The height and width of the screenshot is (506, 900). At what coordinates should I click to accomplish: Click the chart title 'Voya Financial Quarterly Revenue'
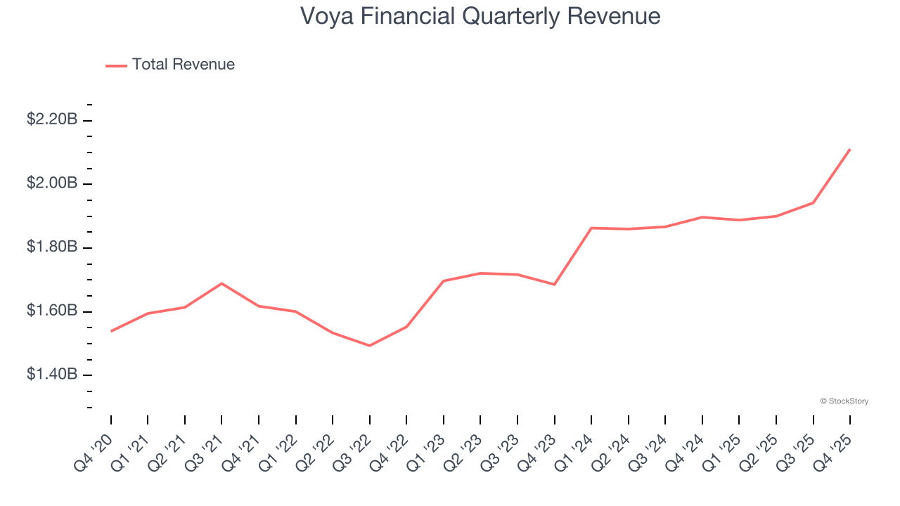click(x=480, y=15)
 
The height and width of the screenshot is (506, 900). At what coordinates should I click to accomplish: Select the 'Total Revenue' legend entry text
click(x=183, y=65)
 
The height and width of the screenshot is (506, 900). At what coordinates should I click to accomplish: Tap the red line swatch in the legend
click(x=116, y=65)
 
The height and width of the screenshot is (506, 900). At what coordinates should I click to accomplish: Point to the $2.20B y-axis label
click(x=52, y=119)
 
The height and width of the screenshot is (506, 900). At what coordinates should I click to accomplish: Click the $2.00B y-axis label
click(x=52, y=183)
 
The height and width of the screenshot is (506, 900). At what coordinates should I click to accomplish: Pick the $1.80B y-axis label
click(x=52, y=247)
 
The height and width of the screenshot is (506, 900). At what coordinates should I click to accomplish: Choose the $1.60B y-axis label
click(x=52, y=311)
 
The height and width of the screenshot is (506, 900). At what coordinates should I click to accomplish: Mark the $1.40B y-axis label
click(x=52, y=375)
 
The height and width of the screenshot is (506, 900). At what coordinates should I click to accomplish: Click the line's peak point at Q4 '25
click(x=850, y=149)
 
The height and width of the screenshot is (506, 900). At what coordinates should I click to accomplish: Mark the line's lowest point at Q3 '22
click(x=370, y=346)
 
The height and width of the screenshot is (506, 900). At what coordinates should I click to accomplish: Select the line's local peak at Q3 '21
click(x=221, y=283)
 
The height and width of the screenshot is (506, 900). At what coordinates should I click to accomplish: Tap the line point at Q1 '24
click(x=591, y=228)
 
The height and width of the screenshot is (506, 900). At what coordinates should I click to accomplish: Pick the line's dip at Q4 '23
click(x=555, y=285)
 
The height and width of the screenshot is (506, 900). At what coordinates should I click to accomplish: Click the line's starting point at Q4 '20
click(x=111, y=331)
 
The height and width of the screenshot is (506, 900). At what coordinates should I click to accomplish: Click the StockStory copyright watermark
click(x=844, y=401)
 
